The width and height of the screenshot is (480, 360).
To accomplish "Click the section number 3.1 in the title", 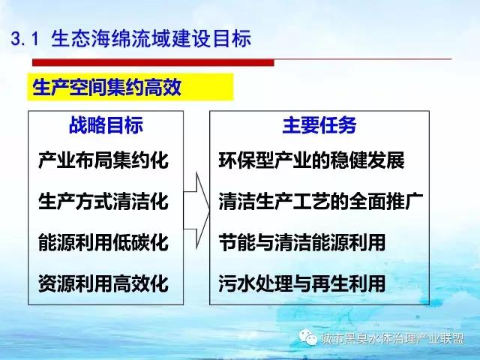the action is tap(25, 39).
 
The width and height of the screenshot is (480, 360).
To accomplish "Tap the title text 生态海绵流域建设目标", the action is tap(151, 38).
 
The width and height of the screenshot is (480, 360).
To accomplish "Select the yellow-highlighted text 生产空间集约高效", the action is tap(106, 87).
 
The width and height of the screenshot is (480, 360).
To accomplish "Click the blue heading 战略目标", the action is tap(106, 125).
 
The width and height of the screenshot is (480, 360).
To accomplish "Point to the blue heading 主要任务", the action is tap(319, 125).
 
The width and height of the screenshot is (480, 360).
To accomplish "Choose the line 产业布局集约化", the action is tap(103, 160).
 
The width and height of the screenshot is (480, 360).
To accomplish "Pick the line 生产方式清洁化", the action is tap(103, 201).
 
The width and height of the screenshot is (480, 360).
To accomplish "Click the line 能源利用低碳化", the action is tap(103, 242).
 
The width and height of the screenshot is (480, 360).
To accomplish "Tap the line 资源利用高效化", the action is tap(103, 283).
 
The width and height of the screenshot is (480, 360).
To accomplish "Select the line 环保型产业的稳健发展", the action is tap(312, 160).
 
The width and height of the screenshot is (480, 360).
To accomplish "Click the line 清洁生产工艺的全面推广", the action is tap(321, 201).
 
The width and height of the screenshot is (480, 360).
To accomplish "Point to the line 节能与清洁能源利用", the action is tap(302, 242).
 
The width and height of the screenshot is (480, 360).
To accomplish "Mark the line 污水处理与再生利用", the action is tap(302, 283).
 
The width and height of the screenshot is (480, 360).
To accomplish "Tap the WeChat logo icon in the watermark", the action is tap(308, 337).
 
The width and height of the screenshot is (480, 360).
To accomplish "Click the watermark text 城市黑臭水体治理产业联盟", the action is tap(393, 338).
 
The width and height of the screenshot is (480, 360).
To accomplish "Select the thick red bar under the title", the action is tap(153, 62).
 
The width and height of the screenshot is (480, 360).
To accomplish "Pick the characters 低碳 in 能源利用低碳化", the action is tap(131, 242).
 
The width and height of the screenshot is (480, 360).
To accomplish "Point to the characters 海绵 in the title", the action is tap(111, 38).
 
